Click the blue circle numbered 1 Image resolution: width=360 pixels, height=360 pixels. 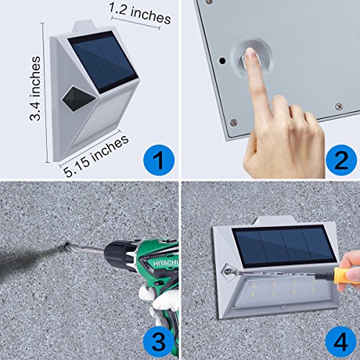pyautogui.click(x=158, y=160)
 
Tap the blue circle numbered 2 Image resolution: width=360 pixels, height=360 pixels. pyautogui.click(x=341, y=160)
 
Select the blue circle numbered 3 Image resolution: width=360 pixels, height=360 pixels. pyautogui.click(x=158, y=341)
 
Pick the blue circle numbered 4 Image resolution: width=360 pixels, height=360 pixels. pyautogui.click(x=341, y=341)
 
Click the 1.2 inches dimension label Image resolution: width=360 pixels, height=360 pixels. pyautogui.click(x=140, y=14)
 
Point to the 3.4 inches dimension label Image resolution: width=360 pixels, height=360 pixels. pyautogui.click(x=35, y=89)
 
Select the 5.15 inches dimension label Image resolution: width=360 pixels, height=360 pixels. pyautogui.click(x=96, y=156)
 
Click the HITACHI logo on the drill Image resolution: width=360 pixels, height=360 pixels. pyautogui.click(x=166, y=263)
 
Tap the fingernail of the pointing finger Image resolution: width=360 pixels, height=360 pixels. pyautogui.click(x=251, y=53)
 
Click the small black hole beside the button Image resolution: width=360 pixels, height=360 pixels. pyautogui.click(x=222, y=60)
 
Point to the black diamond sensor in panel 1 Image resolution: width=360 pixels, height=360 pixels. pyautogui.click(x=78, y=99)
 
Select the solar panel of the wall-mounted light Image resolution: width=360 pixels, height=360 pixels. pyautogui.click(x=284, y=247)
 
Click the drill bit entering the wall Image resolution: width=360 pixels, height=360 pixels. pyautogui.click(x=85, y=250)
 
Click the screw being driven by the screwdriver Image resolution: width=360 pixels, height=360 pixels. pyautogui.click(x=227, y=272)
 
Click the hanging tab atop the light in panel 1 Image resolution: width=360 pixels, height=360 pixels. pyautogui.click(x=85, y=27)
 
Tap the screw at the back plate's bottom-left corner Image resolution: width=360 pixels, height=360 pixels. pyautogui.click(x=233, y=122)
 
